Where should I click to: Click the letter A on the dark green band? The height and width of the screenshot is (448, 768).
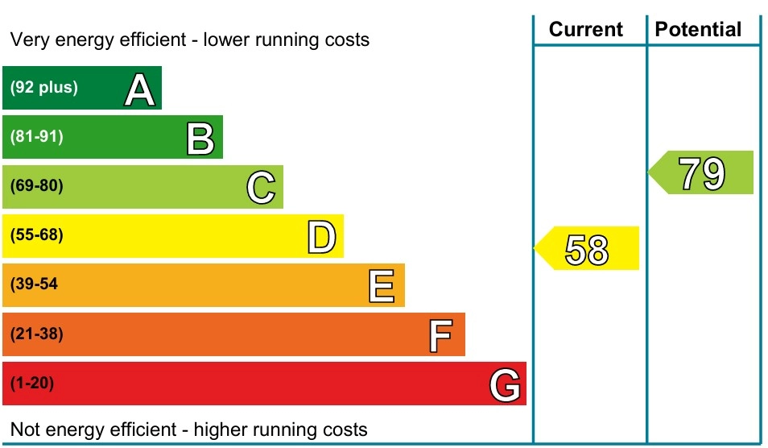[139, 90]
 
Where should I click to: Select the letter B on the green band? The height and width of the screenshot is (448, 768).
[200, 139]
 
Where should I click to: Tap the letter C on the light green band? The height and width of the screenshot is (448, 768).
[261, 189]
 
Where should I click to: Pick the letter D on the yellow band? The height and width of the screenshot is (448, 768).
[322, 238]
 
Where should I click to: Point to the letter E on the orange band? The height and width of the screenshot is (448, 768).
[382, 286]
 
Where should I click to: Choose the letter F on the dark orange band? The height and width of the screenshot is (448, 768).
[441, 336]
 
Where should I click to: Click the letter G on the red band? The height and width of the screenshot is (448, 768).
[505, 385]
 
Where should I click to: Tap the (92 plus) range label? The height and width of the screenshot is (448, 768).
[44, 88]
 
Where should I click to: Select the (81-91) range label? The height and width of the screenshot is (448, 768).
[37, 137]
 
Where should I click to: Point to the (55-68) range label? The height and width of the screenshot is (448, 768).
[37, 236]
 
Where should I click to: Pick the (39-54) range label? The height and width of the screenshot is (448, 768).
[34, 284]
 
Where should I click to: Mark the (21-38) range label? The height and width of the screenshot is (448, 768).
[37, 334]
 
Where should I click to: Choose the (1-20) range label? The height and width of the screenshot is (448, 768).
[32, 384]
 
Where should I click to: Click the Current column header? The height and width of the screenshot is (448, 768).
[586, 30]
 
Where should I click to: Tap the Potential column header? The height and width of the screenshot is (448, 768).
[698, 30]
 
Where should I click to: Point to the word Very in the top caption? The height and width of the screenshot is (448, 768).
[27, 39]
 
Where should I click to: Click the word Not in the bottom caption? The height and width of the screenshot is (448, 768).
[25, 429]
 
